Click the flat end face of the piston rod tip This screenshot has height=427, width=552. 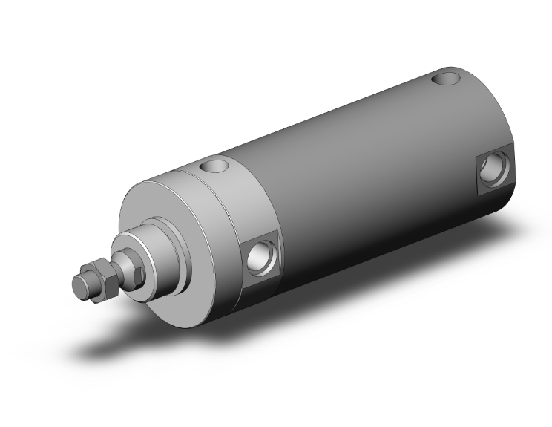(79, 283)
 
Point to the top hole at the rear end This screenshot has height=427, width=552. (450, 76)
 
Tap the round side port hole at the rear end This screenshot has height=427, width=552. (491, 170)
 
